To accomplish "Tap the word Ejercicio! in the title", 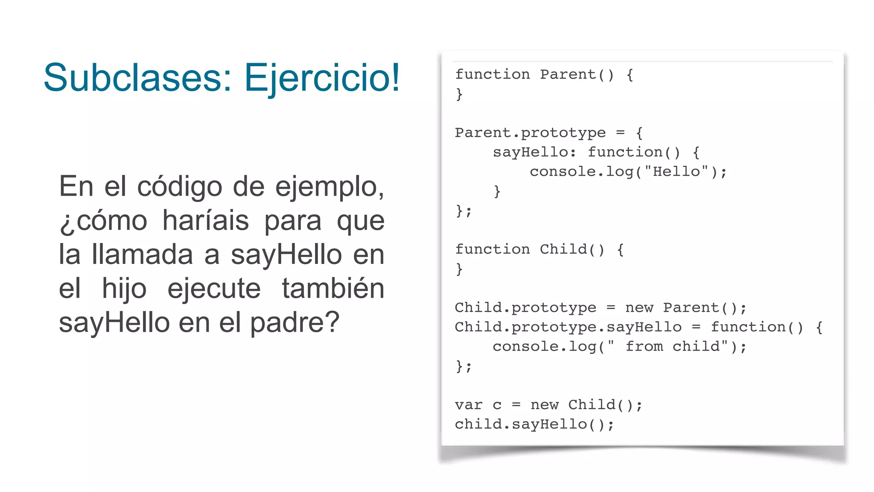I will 322,79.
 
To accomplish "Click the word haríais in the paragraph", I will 206,221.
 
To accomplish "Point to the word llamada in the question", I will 143,255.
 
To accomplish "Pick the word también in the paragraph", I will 333,288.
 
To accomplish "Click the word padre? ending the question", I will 294,323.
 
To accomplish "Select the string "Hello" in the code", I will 676,172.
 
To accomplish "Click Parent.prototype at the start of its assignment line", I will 530,133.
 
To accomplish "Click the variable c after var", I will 497,405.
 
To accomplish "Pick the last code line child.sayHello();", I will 534,424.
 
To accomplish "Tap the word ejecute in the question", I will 214,289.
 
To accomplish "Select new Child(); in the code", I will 586,405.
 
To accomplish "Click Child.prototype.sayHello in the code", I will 568,327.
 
